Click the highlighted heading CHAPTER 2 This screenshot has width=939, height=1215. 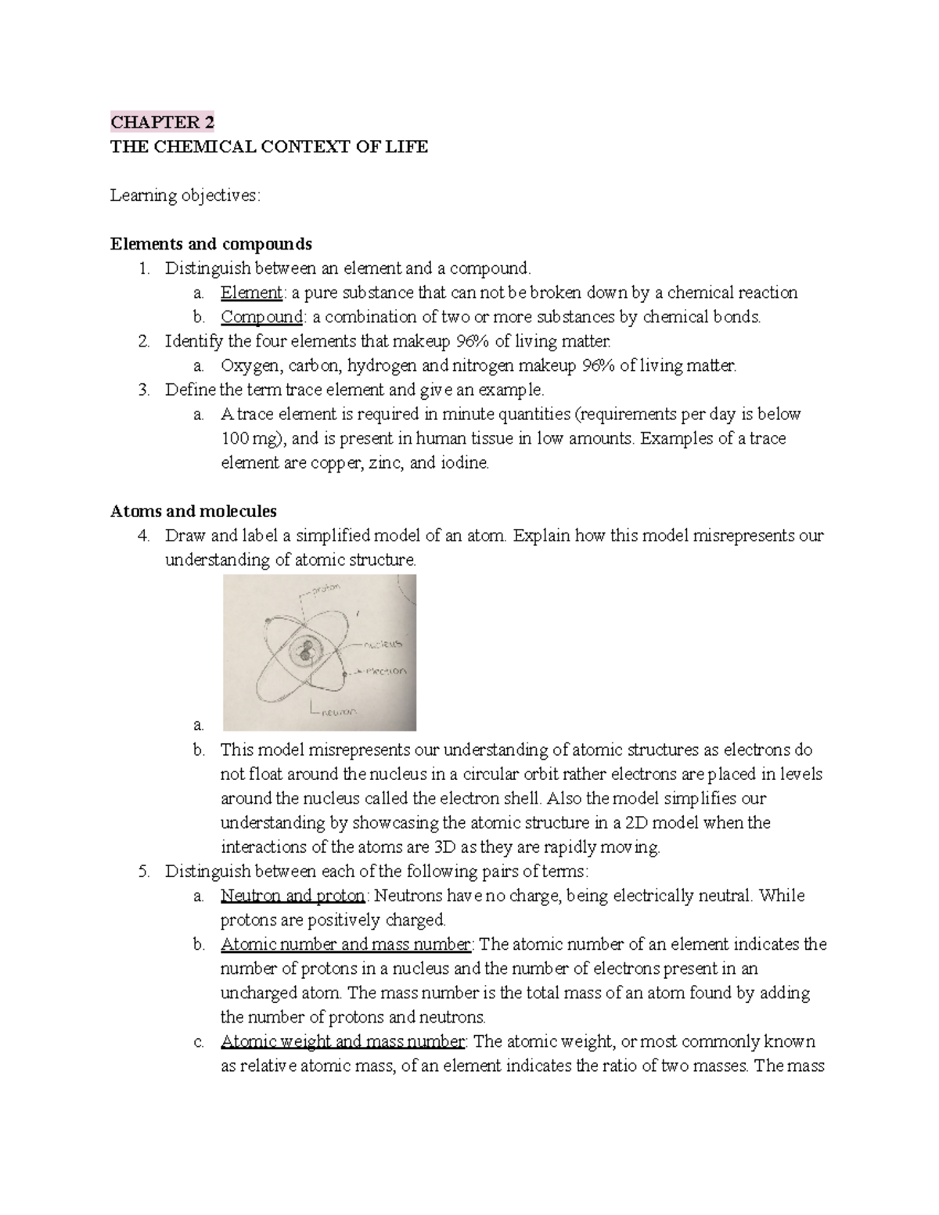coord(162,122)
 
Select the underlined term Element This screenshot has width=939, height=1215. coord(250,293)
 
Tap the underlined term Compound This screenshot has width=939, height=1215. coord(261,317)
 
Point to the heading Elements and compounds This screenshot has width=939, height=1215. coord(211,244)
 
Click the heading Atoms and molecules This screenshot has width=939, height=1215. coord(193,512)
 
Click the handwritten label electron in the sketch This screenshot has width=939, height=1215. coord(383,670)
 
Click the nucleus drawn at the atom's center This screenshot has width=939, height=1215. coord(304,649)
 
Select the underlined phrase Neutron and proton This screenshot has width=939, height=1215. coord(293,896)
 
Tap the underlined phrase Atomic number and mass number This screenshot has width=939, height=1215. coord(346,944)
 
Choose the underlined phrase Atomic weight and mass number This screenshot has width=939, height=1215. coord(343,1042)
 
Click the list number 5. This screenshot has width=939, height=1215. coord(143,872)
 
